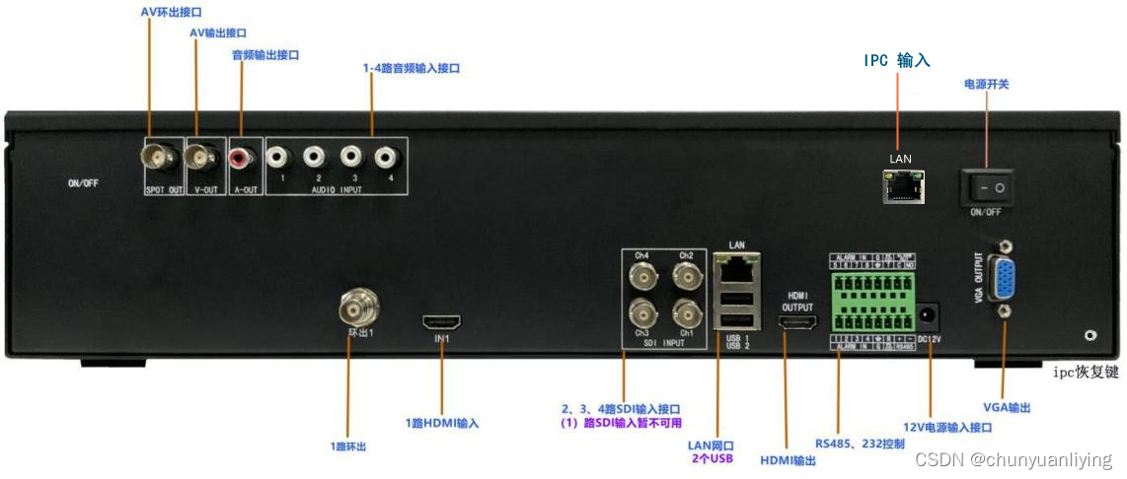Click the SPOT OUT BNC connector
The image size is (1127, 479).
pos(164,157)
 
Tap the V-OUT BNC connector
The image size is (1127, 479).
pos(204,157)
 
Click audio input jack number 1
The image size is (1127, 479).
pos(280,157)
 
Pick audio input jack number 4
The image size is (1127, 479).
pos(384,157)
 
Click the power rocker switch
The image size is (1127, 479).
pos(989,186)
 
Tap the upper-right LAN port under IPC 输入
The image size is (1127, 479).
pos(901,185)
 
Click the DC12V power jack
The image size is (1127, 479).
pos(929,315)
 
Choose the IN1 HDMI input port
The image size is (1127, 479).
pos(442,322)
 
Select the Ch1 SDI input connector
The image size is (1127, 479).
pos(685,313)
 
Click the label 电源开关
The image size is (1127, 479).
pos(986,85)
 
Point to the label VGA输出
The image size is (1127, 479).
pos(1007,407)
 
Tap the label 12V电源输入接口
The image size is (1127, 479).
pos(947,427)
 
